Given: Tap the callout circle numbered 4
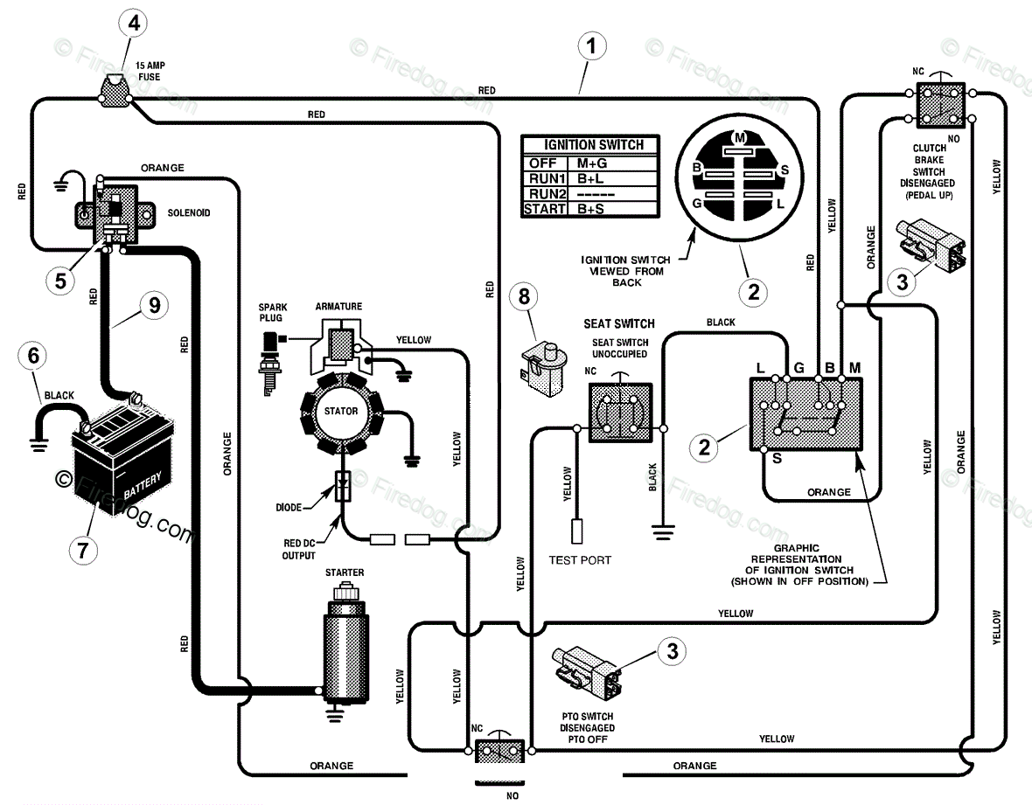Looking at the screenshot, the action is [x=135, y=24].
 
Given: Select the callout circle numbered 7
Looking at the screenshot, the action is [x=83, y=549].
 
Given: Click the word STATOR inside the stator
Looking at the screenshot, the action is [x=341, y=411].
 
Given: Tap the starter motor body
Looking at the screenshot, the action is [x=345, y=651].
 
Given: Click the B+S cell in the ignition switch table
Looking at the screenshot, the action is [x=592, y=209].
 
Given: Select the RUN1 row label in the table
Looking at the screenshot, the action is [x=547, y=178].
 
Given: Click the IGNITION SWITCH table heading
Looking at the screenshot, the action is [x=593, y=145].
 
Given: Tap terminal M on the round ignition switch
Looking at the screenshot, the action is [x=740, y=137].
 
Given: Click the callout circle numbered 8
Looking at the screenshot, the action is [x=524, y=296].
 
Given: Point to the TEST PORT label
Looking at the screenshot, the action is [x=580, y=560].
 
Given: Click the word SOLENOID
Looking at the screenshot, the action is [x=188, y=213].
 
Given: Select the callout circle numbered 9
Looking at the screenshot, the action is [x=155, y=305].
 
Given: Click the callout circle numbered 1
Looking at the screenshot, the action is [x=592, y=46].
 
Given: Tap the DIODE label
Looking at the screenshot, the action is [x=289, y=508].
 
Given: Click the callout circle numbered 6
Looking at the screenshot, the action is [x=33, y=356].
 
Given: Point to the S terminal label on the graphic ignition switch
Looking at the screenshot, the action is [x=777, y=458].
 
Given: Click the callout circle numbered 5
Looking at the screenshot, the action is [x=60, y=281].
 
